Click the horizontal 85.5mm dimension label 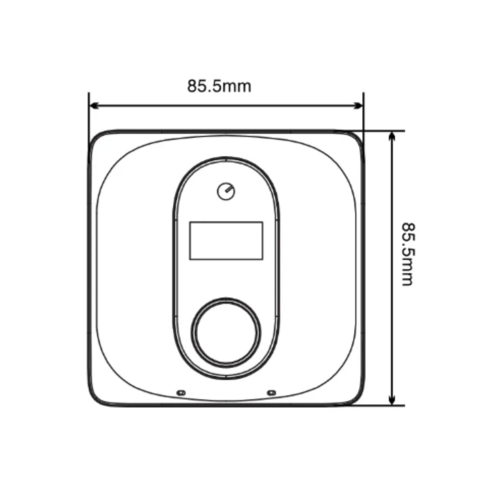[x=219, y=86]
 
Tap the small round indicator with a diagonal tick [x=226, y=192]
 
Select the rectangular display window [x=226, y=240]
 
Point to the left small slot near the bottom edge [x=180, y=392]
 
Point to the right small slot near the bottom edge [x=269, y=392]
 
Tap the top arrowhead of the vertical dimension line [x=392, y=136]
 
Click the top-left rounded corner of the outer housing [x=95, y=138]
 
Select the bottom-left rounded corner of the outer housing [x=95, y=398]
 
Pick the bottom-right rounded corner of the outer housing [x=356, y=398]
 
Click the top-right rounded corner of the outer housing [x=356, y=138]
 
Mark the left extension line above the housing [x=89, y=111]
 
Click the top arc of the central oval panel [x=226, y=158]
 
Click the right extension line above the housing [x=363, y=111]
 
